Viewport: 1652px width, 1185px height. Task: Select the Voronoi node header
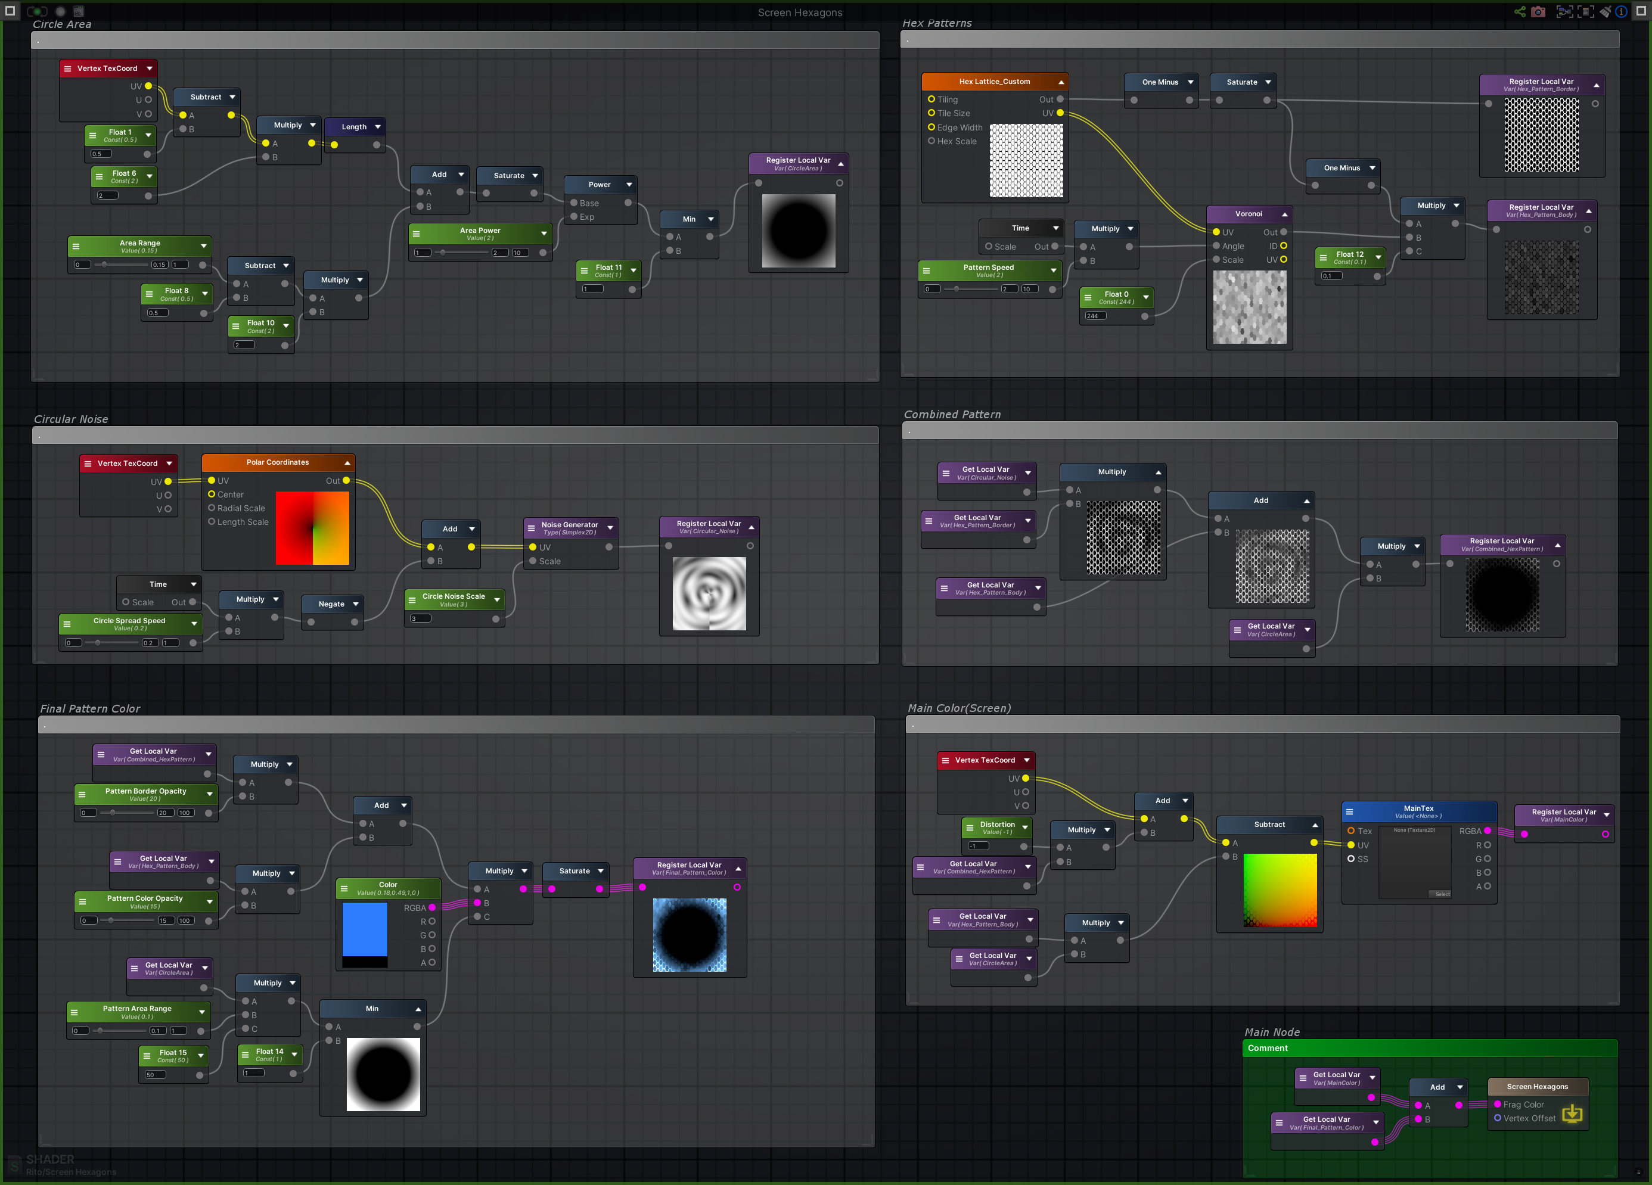(x=1248, y=214)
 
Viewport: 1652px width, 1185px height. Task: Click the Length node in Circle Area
(x=354, y=127)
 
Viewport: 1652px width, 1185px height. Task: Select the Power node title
(x=599, y=185)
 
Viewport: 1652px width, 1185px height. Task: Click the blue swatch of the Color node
(x=364, y=929)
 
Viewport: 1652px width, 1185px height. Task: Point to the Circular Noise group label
(x=71, y=419)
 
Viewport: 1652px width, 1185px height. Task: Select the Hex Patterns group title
(x=937, y=23)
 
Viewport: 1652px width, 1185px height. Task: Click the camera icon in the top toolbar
(x=1538, y=12)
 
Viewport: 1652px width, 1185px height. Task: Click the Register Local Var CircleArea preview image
(x=799, y=231)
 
